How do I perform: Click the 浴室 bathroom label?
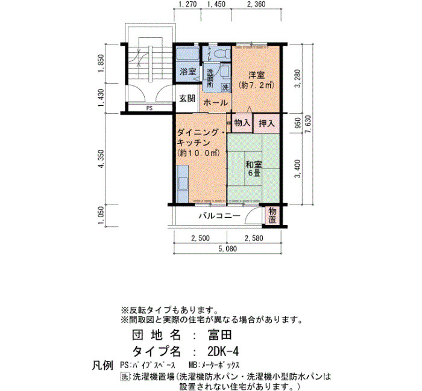pos(187,72)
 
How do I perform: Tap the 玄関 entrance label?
pos(187,99)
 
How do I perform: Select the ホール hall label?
pos(216,103)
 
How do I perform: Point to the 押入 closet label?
pos(266,123)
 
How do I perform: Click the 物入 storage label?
pos(242,123)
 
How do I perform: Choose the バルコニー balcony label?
pos(219,215)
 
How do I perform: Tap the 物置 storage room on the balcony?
pos(272,215)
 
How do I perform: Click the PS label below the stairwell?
pos(150,108)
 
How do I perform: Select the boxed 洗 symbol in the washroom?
pos(225,87)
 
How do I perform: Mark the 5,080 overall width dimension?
pos(228,248)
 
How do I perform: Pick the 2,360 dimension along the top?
pos(256,4)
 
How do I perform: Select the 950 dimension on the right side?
pos(298,123)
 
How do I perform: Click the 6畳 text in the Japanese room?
pos(254,173)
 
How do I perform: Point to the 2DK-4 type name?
pos(224,351)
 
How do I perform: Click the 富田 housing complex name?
pos(219,335)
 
